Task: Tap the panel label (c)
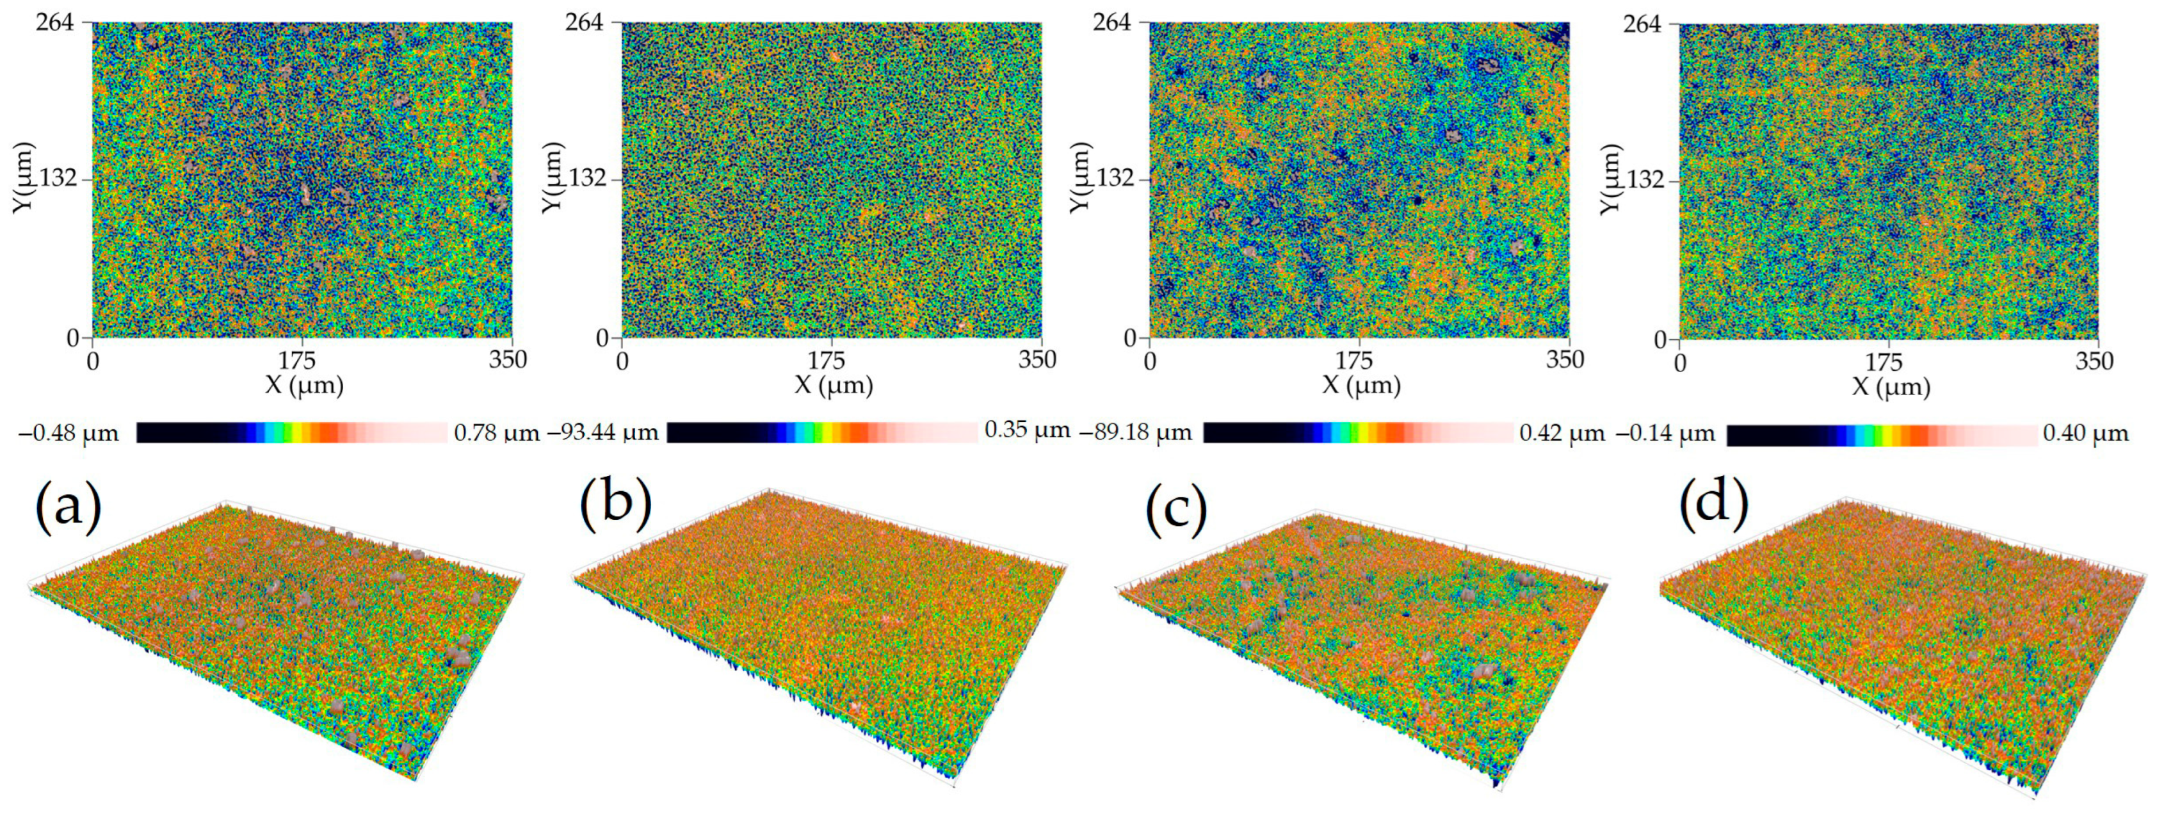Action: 1176,510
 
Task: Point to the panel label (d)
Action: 1714,504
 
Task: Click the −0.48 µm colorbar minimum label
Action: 69,434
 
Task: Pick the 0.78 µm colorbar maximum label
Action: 496,434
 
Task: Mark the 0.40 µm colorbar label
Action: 2086,434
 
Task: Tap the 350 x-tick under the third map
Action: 1565,361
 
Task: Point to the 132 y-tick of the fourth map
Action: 1644,180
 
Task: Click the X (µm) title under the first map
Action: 304,386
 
